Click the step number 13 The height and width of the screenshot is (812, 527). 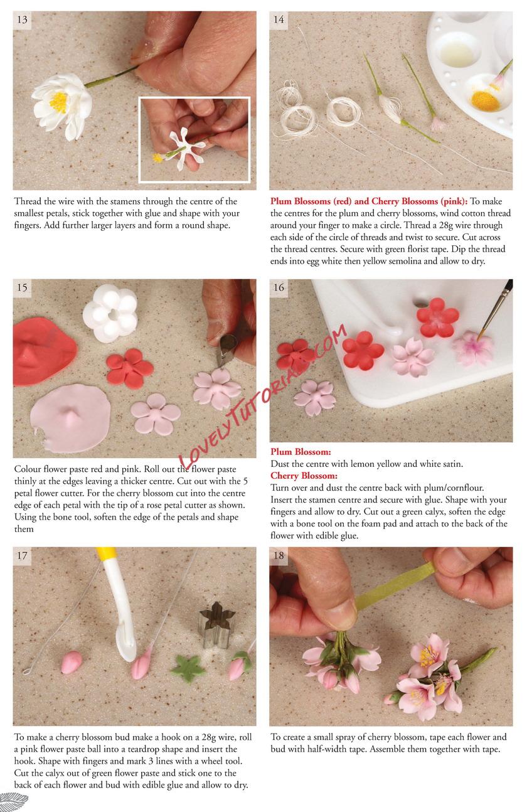point(22,19)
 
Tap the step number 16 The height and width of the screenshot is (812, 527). point(279,287)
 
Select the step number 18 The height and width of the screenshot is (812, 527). point(279,555)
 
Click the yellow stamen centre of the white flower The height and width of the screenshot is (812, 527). point(58,102)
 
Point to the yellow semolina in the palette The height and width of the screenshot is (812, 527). point(486,100)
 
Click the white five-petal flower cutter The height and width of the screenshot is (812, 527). point(110,313)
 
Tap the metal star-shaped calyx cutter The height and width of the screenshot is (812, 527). point(216,624)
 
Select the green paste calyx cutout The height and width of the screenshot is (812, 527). point(188,668)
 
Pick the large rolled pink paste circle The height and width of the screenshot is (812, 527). point(70,419)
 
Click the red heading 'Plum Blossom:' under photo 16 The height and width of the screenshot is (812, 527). point(301,452)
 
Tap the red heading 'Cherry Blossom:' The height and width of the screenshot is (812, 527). point(304,476)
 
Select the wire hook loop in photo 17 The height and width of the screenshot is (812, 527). point(26,671)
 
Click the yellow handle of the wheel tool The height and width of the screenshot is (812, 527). point(104,555)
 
